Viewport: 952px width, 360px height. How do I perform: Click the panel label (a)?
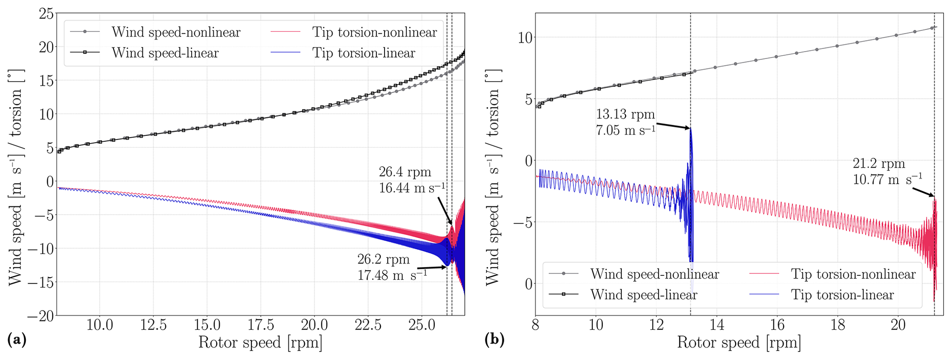coord(17,340)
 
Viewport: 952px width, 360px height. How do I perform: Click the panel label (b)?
coord(494,340)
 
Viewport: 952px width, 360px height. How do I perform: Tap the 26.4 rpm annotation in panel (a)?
coord(405,172)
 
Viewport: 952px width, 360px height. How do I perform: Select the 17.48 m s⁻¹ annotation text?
coord(392,275)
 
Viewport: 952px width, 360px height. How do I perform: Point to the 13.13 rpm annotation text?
coord(625,114)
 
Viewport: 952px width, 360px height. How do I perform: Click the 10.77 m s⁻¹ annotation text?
coord(887,179)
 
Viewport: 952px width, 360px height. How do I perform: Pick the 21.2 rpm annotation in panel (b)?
coord(879,164)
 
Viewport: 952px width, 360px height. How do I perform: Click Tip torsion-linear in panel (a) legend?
coord(364,53)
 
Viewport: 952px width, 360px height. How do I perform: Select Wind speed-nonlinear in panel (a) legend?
coord(176,32)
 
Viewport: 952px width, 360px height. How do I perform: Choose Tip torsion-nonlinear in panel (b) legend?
coord(853,274)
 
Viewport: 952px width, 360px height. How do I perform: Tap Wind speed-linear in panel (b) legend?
coord(643,295)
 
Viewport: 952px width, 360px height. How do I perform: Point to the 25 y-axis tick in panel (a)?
coord(46,13)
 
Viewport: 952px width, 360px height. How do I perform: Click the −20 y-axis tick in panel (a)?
coord(40,316)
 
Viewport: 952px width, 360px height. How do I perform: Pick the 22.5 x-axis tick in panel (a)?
coord(368,325)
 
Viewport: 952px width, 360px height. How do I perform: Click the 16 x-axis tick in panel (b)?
coord(777,325)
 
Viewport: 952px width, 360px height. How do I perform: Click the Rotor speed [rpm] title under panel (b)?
coord(739,343)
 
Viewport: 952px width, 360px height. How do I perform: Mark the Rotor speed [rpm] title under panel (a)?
coord(260,343)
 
